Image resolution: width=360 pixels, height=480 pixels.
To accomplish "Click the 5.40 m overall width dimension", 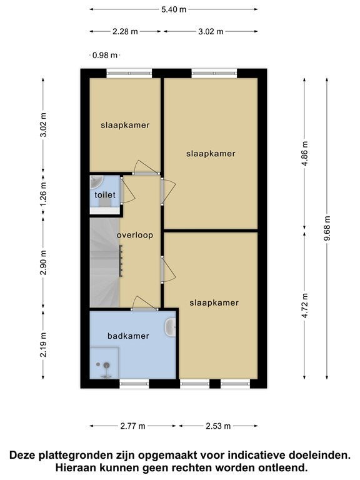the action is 174,9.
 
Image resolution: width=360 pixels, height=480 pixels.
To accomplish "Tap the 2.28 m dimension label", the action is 125,31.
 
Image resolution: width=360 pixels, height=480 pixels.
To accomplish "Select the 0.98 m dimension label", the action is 105,56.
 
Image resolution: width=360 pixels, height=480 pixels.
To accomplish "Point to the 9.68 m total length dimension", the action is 327,228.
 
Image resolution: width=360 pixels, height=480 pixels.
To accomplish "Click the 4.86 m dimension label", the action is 304,153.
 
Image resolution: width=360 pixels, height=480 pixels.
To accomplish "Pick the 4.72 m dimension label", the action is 304,306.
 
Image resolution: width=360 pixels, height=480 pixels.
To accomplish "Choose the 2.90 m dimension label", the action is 43,262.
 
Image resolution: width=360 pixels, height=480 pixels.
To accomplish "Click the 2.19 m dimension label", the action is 43,345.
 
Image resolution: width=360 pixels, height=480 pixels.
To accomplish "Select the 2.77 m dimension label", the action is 132,426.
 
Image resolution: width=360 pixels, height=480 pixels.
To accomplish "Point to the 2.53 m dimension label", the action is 218,426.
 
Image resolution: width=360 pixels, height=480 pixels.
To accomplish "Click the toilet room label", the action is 105,195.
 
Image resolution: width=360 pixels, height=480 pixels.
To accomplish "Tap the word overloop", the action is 135,235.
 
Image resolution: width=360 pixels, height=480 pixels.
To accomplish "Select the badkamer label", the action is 128,336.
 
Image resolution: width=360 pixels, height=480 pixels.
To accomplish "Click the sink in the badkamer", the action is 170,327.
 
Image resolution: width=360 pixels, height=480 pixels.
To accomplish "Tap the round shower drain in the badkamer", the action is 106,365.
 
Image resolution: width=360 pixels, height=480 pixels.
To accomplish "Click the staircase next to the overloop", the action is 104,262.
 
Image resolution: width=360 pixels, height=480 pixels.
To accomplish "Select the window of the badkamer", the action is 134,384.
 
